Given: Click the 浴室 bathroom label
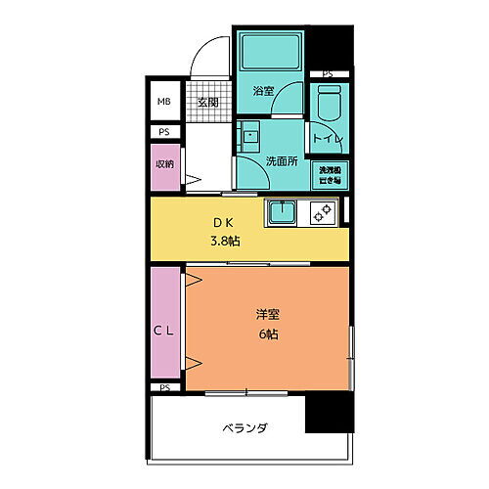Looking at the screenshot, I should (262, 91).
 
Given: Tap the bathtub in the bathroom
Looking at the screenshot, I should (270, 50).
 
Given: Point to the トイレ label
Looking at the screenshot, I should (327, 140).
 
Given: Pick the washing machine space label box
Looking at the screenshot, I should (328, 174).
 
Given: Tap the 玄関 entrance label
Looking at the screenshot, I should (206, 103).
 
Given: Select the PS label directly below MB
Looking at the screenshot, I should (162, 132).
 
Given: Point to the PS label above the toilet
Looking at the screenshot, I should (327, 73).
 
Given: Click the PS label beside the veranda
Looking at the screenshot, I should (162, 388).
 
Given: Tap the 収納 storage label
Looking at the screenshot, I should (162, 163).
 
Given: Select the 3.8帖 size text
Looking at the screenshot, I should (226, 241).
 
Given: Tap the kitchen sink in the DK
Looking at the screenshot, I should (285, 211).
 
